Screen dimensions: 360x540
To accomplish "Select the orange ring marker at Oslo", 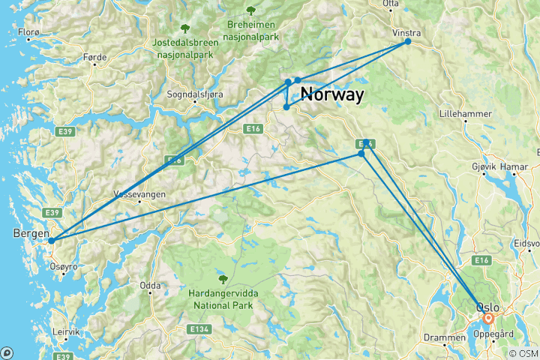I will [x=488, y=318].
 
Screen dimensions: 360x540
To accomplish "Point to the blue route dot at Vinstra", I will [x=408, y=41].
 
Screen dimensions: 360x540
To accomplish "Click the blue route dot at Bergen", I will [x=51, y=241].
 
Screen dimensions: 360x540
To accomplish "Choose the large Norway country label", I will [x=332, y=95].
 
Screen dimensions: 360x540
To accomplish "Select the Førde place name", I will [x=96, y=57].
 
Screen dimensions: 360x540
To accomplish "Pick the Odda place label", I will [x=149, y=286].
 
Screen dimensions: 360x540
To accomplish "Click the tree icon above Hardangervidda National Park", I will [x=222, y=279].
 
